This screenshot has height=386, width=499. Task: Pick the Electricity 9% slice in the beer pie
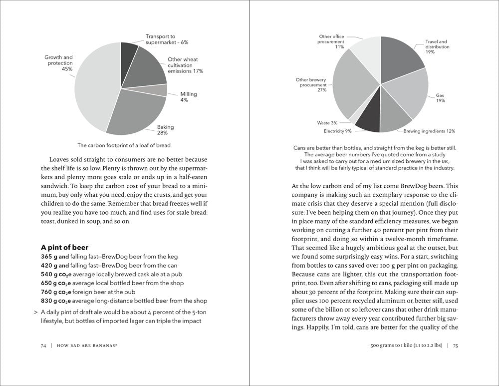[367, 119]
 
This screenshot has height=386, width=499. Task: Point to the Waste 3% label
[327, 123]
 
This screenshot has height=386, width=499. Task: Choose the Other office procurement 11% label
[331, 41]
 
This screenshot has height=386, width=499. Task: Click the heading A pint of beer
[64, 247]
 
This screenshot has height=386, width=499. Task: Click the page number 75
[456, 346]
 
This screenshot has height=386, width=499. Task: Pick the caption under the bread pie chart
[124, 145]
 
